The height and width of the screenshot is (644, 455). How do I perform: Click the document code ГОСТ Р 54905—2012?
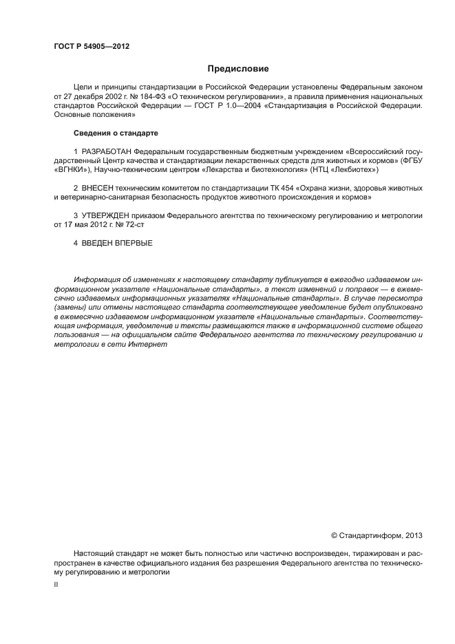pyautogui.click(x=91, y=46)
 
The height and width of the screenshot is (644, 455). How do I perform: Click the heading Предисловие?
pyautogui.click(x=238, y=69)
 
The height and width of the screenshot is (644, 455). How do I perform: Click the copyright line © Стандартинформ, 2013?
pyautogui.click(x=377, y=535)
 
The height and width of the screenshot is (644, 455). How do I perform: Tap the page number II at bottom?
pyautogui.click(x=56, y=584)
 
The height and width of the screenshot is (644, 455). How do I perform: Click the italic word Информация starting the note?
pyautogui.click(x=97, y=280)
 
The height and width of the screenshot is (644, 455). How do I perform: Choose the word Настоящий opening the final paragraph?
pyautogui.click(x=94, y=553)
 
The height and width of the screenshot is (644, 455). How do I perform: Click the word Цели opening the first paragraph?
pyautogui.click(x=83, y=88)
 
